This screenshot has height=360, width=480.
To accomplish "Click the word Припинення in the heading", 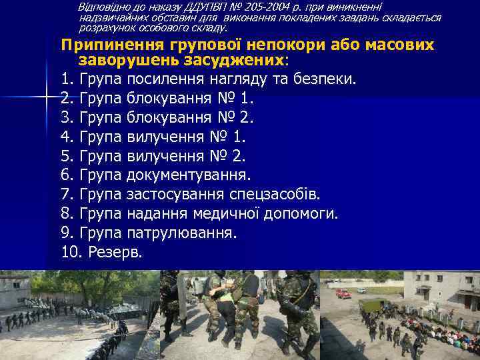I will pos(117,45).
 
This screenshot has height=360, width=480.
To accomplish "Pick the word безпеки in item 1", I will pos(327,79).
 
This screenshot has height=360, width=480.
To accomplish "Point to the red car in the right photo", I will pos(343,293).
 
